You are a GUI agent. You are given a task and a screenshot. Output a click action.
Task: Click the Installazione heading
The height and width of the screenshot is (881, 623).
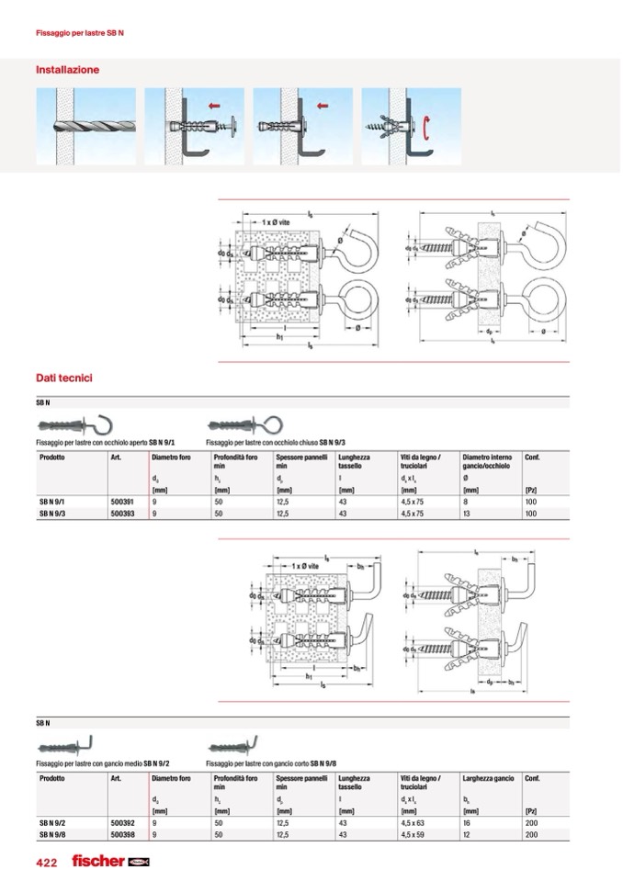pos(67,70)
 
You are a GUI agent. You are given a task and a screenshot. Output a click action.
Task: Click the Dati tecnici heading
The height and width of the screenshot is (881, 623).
pos(63,378)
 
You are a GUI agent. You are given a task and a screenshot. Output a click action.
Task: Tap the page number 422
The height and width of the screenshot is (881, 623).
pos(47,863)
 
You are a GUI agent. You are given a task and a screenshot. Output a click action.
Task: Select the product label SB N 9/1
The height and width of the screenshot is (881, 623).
pos(52,503)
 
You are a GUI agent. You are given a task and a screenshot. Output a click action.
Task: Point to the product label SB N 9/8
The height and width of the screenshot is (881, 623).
pos(52,834)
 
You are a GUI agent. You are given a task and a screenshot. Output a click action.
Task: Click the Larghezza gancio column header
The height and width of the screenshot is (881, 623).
pos(488,778)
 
